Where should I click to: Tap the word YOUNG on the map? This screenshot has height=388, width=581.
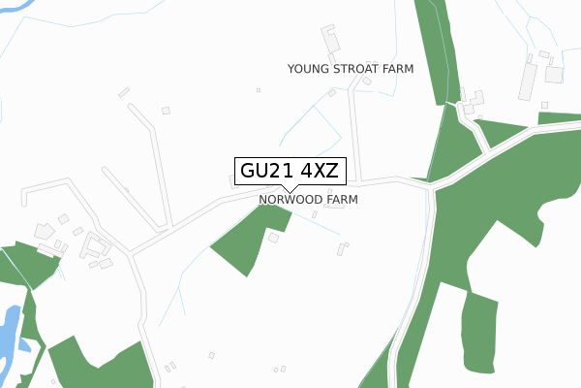(x=309, y=69)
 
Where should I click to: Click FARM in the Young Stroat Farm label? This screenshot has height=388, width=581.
(x=398, y=69)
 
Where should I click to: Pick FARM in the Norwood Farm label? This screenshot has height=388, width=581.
(x=342, y=200)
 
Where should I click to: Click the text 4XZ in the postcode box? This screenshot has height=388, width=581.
(x=320, y=172)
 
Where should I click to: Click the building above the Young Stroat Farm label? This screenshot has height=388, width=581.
(x=331, y=41)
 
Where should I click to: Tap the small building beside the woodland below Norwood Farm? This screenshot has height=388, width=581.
(x=273, y=238)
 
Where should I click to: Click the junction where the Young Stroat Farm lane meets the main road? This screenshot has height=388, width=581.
(x=356, y=181)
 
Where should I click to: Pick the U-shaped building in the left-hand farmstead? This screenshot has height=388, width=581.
(x=97, y=244)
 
